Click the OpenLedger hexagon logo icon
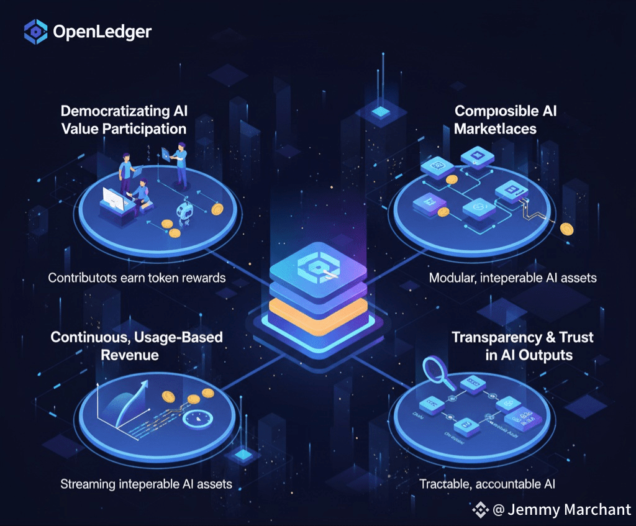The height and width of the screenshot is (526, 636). pos(35,32)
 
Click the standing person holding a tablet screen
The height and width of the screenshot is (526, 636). pos(181,163)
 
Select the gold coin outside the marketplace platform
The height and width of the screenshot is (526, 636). pos(566,229)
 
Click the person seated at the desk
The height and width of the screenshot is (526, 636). pos(140,194)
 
